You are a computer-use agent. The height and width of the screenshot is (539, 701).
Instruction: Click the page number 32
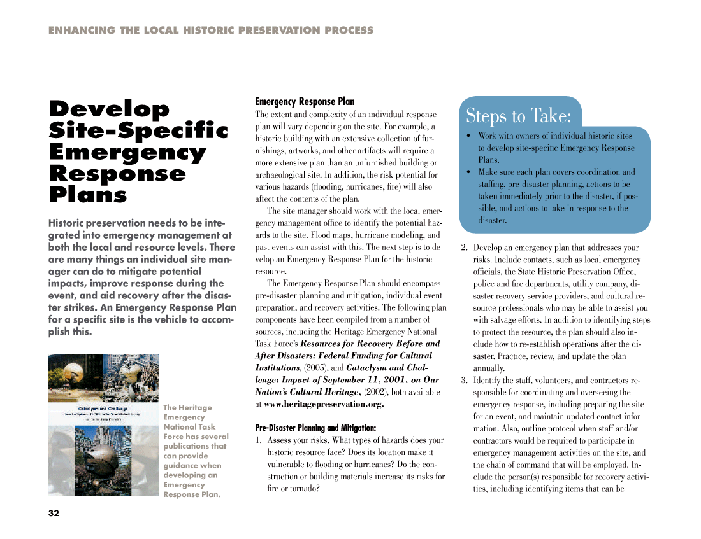(x=54, y=514)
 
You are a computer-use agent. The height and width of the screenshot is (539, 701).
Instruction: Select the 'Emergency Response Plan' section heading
(x=305, y=102)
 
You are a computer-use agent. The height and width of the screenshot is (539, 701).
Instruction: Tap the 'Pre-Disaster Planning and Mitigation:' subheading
(x=315, y=428)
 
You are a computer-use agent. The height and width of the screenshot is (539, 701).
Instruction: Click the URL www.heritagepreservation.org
(x=324, y=404)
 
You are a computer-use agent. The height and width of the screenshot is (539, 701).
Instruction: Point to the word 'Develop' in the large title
(x=109, y=109)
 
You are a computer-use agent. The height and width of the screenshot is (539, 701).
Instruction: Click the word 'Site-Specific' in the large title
(x=138, y=130)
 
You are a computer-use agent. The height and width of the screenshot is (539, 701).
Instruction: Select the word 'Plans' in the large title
(x=88, y=195)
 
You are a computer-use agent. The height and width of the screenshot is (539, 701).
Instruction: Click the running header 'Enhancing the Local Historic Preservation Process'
(x=211, y=30)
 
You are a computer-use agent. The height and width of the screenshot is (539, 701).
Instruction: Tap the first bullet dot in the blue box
(x=468, y=136)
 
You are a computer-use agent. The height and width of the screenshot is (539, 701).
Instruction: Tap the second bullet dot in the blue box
(x=468, y=172)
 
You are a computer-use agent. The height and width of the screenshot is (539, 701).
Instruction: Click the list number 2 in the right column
(x=464, y=248)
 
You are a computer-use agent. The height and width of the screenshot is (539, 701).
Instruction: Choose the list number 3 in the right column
(x=464, y=381)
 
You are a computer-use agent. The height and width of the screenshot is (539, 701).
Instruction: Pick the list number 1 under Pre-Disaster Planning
(x=259, y=440)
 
